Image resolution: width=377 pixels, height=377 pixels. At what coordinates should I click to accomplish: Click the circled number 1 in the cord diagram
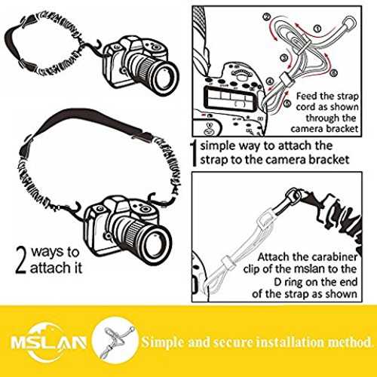coord(318,29)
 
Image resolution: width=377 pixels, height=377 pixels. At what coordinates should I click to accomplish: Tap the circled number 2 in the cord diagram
coord(267,17)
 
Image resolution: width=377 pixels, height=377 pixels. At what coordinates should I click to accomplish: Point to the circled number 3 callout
coord(284,58)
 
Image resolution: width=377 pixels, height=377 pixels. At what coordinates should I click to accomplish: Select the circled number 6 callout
coord(333,73)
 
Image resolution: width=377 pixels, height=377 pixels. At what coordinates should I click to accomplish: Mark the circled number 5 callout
coord(287,103)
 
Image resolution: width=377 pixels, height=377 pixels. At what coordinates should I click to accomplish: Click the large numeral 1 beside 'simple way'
coord(194,153)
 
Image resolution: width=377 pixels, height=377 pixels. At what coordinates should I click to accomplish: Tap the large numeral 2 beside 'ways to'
coord(21,260)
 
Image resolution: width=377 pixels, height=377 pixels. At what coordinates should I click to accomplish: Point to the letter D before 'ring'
coord(277,282)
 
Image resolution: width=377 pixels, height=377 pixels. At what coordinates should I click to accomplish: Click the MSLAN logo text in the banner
coord(48,342)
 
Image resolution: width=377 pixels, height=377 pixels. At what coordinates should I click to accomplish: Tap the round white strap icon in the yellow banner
coord(115,341)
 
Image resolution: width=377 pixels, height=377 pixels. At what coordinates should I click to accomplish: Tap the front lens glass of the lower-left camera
coord(157,245)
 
